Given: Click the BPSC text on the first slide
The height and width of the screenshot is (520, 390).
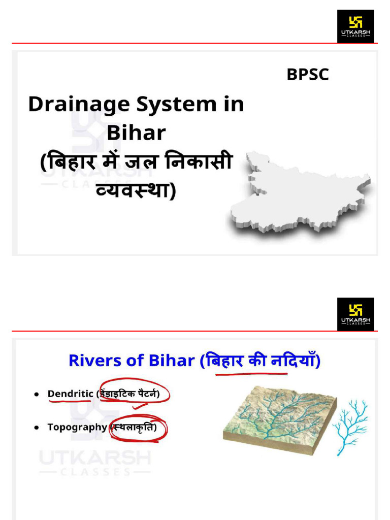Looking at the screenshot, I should pos(308,75).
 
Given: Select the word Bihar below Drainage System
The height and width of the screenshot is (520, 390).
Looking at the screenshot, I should pos(136,133).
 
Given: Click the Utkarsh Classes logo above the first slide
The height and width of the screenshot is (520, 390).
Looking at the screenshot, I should pos(355,26).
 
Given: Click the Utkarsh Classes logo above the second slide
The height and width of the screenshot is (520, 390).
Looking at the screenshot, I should pos(355,314).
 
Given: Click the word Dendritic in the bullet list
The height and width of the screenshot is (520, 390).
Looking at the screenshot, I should pos(70,394).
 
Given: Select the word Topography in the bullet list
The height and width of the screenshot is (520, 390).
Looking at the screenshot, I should pos(77,427).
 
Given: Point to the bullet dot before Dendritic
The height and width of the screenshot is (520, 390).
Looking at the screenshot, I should pos(37,394).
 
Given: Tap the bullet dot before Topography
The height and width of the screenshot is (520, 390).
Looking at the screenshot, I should pos(37,428).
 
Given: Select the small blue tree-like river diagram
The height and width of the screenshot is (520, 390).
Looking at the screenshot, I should pos(350,421).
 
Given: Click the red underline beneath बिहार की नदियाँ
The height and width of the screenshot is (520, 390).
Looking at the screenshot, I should pos(251,374).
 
